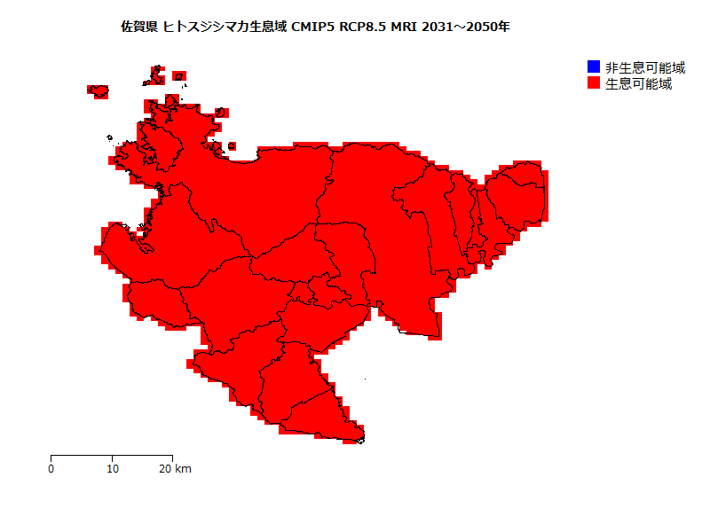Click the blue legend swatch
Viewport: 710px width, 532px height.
coord(594,67)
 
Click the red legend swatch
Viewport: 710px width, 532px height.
coord(594,83)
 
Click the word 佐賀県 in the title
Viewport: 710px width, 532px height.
coord(139,27)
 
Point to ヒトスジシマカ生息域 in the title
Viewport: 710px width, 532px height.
coord(225,27)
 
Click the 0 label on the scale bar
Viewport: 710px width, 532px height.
coord(51,468)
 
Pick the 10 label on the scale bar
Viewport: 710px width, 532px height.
coord(112,468)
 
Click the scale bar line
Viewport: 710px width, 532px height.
coord(112,456)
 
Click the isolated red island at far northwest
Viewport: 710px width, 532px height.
coord(98,90)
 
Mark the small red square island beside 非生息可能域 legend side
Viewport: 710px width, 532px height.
coord(232,146)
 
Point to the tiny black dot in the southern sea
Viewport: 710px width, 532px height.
coord(367,379)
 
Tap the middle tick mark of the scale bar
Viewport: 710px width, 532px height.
coord(112,458)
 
